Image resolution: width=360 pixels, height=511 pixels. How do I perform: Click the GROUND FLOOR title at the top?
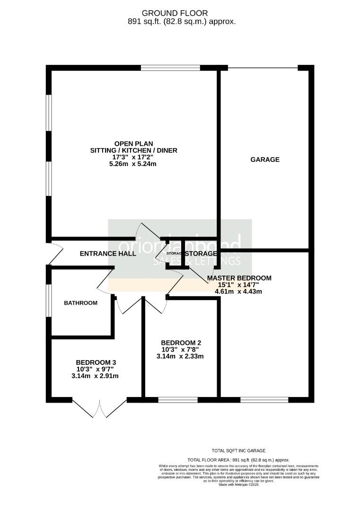[182, 13]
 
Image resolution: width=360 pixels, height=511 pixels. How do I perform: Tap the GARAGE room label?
[265, 159]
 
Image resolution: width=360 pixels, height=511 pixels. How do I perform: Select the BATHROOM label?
[81, 303]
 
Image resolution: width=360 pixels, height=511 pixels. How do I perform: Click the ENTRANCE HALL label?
[108, 254]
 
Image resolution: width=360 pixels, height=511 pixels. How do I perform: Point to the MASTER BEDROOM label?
[239, 278]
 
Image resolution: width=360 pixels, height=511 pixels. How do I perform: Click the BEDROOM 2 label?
[182, 343]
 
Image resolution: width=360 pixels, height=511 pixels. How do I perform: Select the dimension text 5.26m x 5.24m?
[134, 164]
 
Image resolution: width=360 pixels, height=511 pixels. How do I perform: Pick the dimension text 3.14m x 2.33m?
[182, 356]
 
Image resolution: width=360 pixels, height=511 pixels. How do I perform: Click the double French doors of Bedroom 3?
[100, 408]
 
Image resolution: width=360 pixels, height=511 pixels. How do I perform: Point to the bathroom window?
[49, 301]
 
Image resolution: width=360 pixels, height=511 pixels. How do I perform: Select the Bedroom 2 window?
[178, 400]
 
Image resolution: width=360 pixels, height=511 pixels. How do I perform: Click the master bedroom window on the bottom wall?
[264, 400]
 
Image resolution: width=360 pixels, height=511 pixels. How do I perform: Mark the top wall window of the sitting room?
[170, 68]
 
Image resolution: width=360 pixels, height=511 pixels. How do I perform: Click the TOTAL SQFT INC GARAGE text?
[238, 451]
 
